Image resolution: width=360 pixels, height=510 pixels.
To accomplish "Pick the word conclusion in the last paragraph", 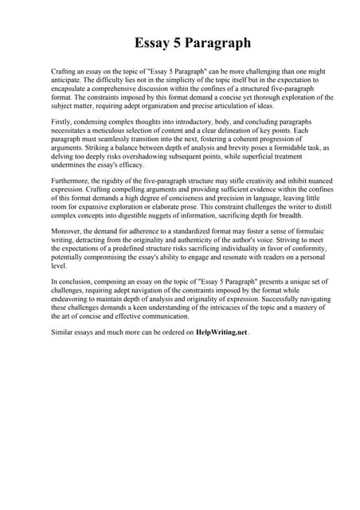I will pos(78,281).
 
